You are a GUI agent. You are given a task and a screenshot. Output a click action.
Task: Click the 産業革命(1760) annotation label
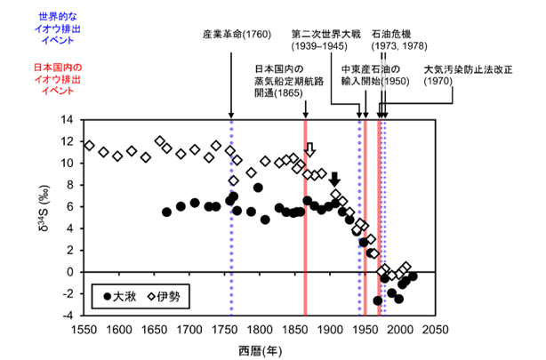237,35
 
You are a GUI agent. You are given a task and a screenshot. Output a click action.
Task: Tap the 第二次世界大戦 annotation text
326,34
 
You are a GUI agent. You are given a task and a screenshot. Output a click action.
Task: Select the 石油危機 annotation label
391,34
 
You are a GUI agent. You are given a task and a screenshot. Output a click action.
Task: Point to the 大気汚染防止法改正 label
468,69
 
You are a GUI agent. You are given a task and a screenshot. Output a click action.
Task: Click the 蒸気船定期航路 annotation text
289,81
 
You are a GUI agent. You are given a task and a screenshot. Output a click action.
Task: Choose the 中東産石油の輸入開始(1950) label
375,76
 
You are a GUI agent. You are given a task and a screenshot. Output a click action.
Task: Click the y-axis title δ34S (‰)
44,208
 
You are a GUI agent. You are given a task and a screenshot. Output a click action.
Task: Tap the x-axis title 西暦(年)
261,351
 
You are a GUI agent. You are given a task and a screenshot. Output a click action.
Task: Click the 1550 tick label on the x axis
84,330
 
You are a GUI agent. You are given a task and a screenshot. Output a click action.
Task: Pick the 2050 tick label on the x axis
435,330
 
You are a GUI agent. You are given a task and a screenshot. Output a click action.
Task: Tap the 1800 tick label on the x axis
260,330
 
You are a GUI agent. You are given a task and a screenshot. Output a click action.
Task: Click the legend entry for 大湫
120,297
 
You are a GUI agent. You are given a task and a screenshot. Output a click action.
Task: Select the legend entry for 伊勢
164,297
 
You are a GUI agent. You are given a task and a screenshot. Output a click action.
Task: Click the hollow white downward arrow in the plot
310,149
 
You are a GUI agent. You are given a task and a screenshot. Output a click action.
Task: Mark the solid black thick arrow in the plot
335,180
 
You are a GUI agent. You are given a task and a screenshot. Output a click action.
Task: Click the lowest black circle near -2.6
377,300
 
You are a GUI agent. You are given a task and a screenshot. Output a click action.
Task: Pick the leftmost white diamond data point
90,146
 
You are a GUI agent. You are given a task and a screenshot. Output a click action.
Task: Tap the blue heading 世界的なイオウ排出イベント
58,28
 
